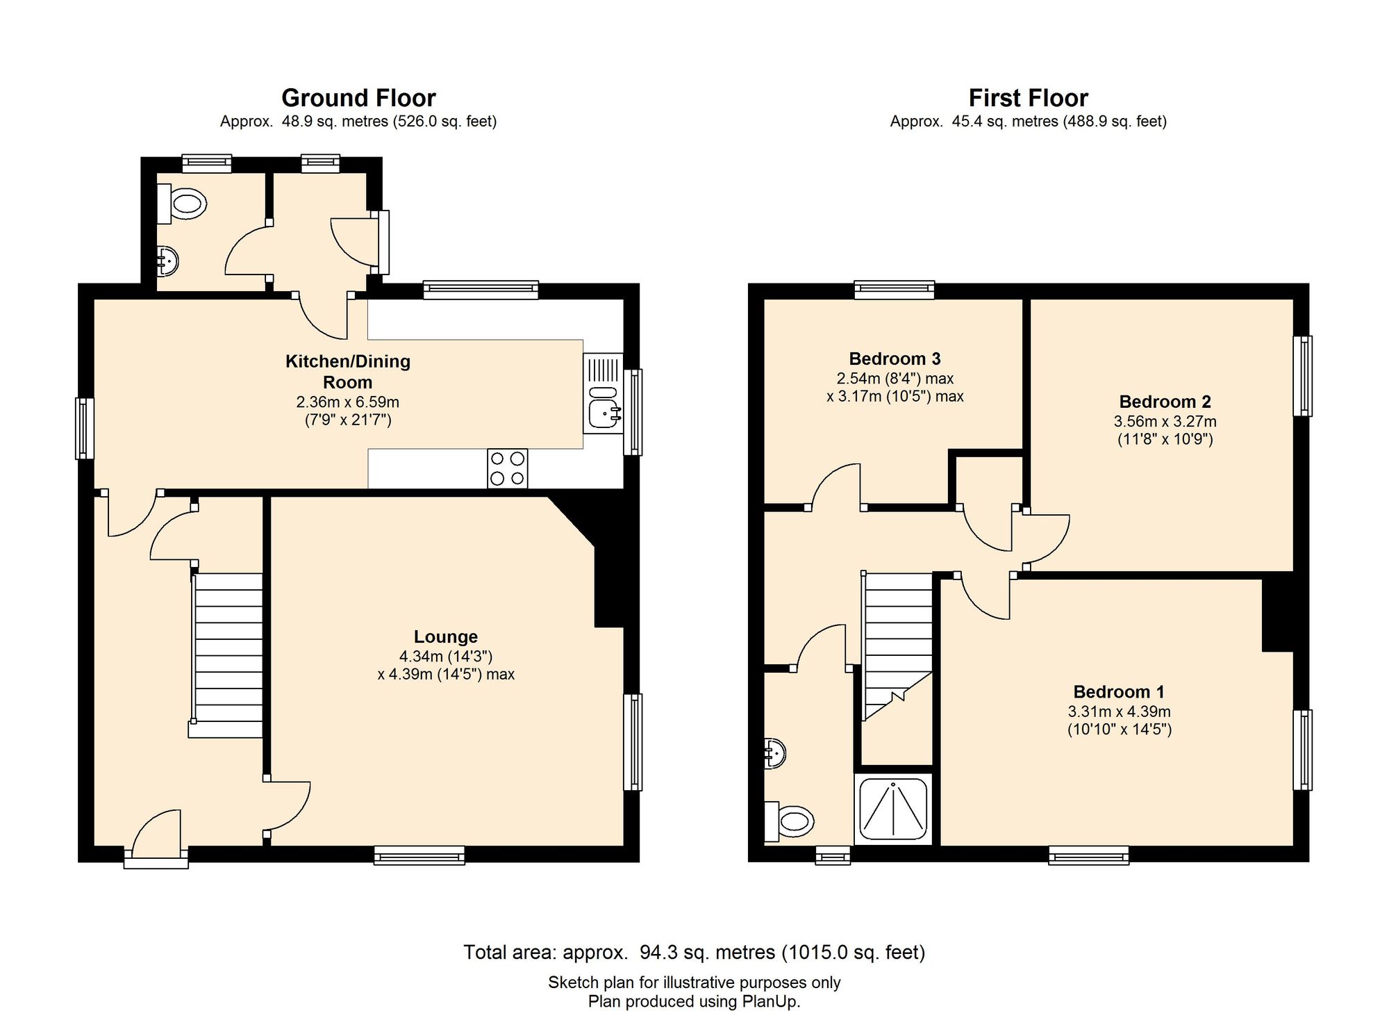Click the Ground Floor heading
358,98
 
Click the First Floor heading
1028,98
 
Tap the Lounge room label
446,636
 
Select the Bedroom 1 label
1119,691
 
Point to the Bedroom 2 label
1165,402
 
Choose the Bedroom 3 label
895,359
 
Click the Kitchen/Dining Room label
348,372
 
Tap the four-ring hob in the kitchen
507,468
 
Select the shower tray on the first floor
894,808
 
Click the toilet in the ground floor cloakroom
182,204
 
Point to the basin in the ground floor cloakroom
167,261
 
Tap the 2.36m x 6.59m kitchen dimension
348,402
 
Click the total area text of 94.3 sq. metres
694,952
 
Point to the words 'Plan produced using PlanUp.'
694,1001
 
